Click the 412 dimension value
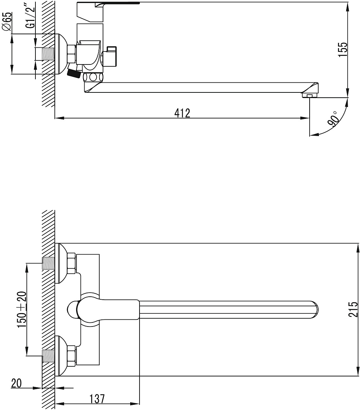tap(182, 113)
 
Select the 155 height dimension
tap(343, 50)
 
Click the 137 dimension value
tap(97, 399)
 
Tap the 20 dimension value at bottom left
tap(16, 383)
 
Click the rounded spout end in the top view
tap(315, 310)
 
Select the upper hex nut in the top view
tap(71, 264)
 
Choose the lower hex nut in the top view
tap(71, 356)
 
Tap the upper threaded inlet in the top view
tap(48, 264)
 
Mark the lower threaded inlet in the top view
tap(48, 356)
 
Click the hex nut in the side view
tap(72, 54)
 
